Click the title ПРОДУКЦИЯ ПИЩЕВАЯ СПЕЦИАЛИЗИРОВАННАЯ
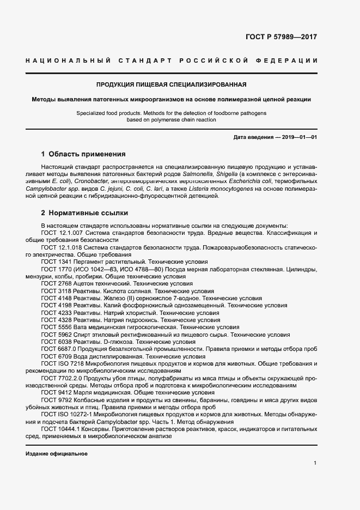[x=172, y=84]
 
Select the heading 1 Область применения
[x=83, y=154]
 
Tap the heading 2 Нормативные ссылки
[x=85, y=213]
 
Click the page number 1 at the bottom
[x=315, y=463]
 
